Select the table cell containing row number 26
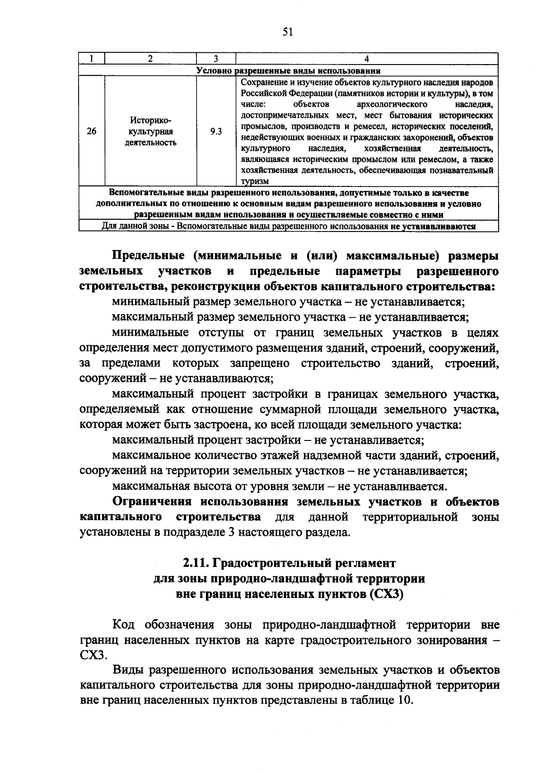click(x=92, y=131)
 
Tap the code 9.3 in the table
click(x=216, y=131)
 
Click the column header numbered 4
click(x=367, y=59)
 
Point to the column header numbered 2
click(x=150, y=59)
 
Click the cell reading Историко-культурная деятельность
click(x=150, y=131)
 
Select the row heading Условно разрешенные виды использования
click(x=288, y=70)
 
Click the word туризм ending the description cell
click(x=255, y=181)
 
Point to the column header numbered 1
click(x=92, y=59)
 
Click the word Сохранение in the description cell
click(x=261, y=83)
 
